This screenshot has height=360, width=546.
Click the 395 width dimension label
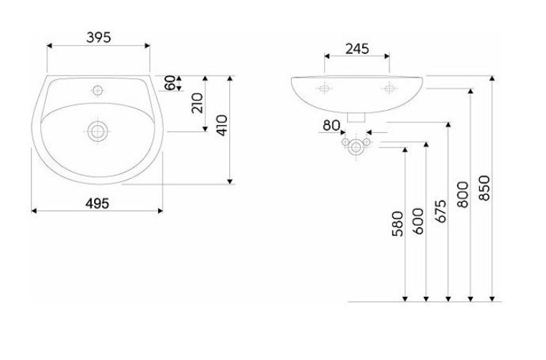pyautogui.click(x=98, y=38)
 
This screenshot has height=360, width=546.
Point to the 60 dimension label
pyautogui.click(x=170, y=83)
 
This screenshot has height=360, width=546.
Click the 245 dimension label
pyautogui.click(x=356, y=49)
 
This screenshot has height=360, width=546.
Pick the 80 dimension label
pyautogui.click(x=331, y=125)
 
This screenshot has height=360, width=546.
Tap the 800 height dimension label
pyautogui.click(x=462, y=194)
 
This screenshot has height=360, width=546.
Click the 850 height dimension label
pyautogui.click(x=483, y=188)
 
